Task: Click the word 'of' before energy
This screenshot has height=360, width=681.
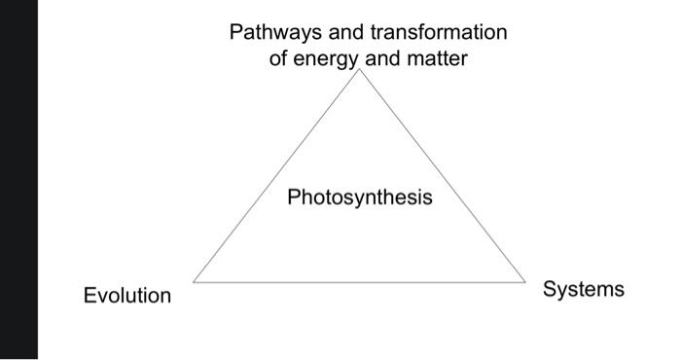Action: (x=279, y=59)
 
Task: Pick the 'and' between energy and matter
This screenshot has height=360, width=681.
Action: (x=386, y=59)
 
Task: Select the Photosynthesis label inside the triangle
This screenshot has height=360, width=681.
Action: (x=359, y=198)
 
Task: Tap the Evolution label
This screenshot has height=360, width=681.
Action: (x=126, y=296)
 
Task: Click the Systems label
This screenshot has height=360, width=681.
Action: (x=584, y=289)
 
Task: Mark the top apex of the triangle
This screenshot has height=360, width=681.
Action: (x=361, y=70)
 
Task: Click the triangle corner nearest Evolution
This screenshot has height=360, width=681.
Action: (x=194, y=282)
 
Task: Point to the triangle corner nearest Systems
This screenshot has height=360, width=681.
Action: (x=526, y=282)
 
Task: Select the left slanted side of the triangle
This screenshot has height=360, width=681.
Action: (x=277, y=176)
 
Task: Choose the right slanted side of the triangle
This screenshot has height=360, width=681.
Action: (x=444, y=176)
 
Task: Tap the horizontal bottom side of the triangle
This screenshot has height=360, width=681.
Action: (x=360, y=282)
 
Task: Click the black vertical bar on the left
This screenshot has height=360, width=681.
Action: (x=18, y=180)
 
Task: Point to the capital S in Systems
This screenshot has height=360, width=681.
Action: (x=550, y=289)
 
